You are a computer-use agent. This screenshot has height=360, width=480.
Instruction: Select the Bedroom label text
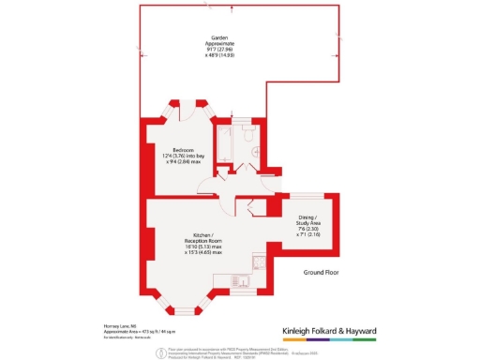[182, 150]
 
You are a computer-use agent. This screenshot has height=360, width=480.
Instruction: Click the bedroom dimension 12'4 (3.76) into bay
[182, 157]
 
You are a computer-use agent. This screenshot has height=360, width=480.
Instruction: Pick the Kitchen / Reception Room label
[202, 238]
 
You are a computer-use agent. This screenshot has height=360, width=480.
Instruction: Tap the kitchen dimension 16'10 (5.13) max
[202, 247]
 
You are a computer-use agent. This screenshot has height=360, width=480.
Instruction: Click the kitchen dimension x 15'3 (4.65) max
[202, 253]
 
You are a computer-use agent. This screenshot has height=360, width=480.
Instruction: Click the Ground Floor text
[322, 272]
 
